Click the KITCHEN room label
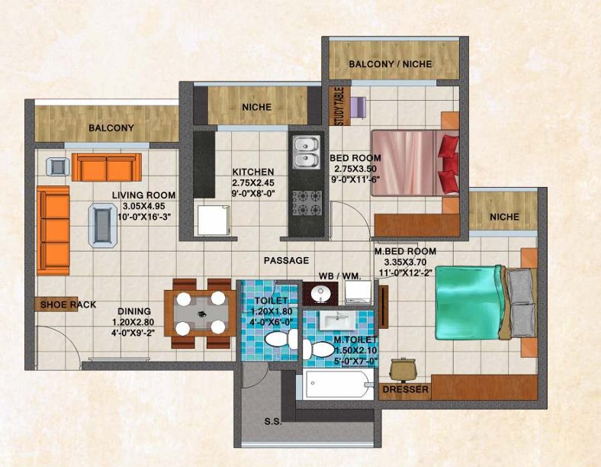pos(253,172)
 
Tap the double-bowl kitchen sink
pos(307,152)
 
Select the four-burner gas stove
pos(307,203)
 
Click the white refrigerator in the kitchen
pos(214,220)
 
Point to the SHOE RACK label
pos(68,304)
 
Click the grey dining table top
pos(201,314)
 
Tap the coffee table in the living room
pos(103,225)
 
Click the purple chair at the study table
pos(358,108)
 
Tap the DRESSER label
pos(406,390)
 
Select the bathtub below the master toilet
pos(338,383)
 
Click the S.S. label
pos(273,422)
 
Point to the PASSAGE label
pos(286,260)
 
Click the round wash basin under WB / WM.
pos(320,294)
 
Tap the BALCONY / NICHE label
pos(390,64)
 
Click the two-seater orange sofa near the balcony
pos(107,167)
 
